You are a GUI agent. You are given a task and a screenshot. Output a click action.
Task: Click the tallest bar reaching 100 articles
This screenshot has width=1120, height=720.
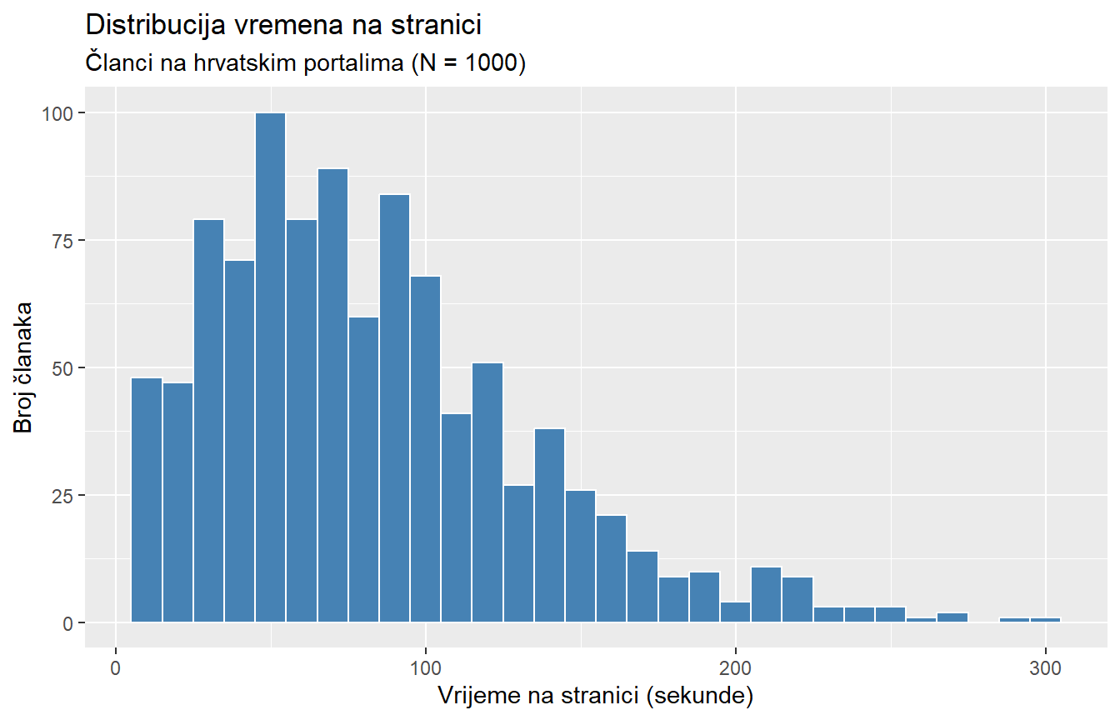(x=270, y=367)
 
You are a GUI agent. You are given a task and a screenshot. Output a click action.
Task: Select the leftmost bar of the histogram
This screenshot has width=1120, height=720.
(x=147, y=500)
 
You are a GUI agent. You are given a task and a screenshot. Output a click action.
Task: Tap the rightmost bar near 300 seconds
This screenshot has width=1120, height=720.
(x=1045, y=619)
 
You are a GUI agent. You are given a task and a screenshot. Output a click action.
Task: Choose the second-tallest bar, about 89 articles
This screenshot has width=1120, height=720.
(x=332, y=395)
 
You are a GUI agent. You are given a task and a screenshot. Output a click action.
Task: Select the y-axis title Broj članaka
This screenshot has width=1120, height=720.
(x=23, y=367)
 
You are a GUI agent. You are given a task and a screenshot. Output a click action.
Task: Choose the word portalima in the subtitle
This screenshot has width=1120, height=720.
(x=352, y=63)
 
